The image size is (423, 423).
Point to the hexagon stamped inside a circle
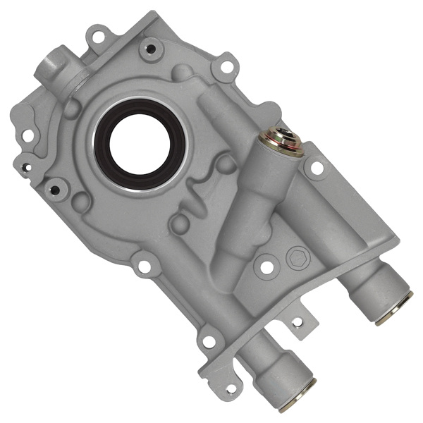point(295,259)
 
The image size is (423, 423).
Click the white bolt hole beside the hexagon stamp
point(266,268)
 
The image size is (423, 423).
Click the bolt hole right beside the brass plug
point(317,168)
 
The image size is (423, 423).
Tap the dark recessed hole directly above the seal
point(149,49)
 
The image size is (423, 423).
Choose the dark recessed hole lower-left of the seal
point(54,189)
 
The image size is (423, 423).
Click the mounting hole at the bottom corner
point(230,387)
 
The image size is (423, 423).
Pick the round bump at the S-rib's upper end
point(225,164)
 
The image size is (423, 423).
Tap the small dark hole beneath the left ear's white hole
point(26,167)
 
